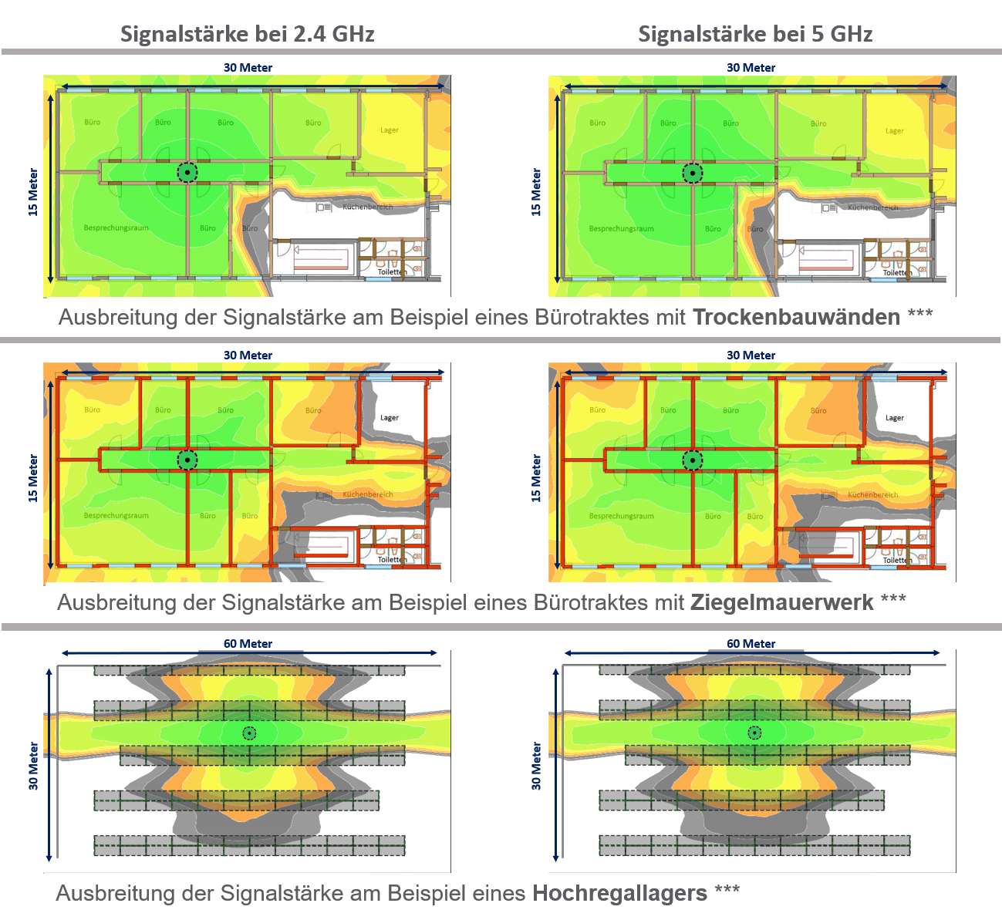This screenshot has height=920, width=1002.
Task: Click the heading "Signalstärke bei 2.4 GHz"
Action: [x=247, y=34]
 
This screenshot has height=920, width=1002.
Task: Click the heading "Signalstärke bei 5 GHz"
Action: [x=755, y=34]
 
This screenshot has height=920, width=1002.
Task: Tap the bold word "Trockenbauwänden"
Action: [x=796, y=318]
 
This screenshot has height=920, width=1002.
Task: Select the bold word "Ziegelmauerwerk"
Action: [x=781, y=602]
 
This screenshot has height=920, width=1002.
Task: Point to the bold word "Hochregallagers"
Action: [x=619, y=893]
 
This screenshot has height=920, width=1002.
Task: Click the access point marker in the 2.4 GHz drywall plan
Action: [x=187, y=172]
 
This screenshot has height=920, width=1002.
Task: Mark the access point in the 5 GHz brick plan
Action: [x=693, y=460]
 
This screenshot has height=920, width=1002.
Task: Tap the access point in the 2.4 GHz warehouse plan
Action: [x=249, y=733]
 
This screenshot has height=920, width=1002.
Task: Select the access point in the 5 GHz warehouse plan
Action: [x=754, y=733]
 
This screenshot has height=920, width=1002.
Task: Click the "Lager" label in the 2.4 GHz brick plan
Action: [x=390, y=418]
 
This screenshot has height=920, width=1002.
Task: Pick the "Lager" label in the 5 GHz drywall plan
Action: [x=894, y=131]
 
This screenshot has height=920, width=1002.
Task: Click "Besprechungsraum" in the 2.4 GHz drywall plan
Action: [x=116, y=228]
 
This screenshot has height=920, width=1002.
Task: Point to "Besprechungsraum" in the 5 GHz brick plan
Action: [x=622, y=516]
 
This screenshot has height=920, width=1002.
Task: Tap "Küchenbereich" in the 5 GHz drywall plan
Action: [x=872, y=207]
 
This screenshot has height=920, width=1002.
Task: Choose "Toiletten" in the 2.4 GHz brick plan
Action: [x=392, y=560]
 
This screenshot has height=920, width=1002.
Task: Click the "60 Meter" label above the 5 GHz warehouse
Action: [x=751, y=643]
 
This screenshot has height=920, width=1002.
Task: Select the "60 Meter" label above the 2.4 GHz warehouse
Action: [x=248, y=643]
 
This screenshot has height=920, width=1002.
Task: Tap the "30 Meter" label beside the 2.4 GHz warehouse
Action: [x=33, y=766]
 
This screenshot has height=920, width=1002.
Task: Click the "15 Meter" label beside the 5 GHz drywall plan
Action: [x=536, y=192]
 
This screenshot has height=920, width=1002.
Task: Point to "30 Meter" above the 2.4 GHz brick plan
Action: [x=248, y=356]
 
